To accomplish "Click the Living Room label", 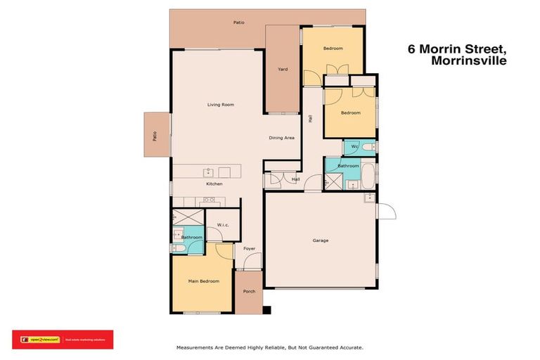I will click(x=220, y=105).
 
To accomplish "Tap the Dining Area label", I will click(x=281, y=138).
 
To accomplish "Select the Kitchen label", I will click(x=214, y=184).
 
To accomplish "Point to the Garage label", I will click(x=321, y=240).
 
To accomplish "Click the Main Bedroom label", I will click(x=203, y=281).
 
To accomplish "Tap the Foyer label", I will click(x=249, y=249).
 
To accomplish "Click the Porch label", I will click(x=249, y=291).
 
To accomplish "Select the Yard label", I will click(x=283, y=69).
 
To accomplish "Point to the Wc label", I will click(x=355, y=146).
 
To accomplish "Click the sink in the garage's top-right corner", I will click(x=368, y=198).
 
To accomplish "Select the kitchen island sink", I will click(x=209, y=172).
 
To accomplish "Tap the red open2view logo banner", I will click(x=63, y=340).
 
